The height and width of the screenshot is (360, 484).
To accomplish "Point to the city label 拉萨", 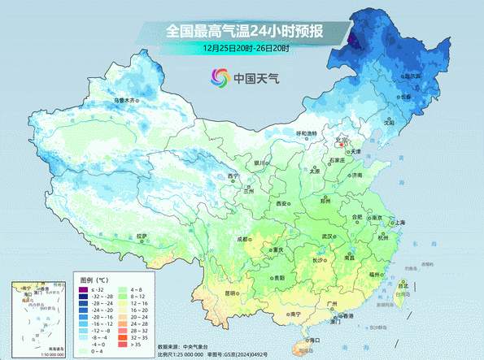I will (x=143, y=236).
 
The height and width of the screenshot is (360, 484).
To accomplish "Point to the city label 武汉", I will (x=329, y=236).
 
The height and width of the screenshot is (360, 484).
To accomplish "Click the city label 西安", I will (x=282, y=202).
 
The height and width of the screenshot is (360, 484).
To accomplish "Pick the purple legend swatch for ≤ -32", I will (x=83, y=290).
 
